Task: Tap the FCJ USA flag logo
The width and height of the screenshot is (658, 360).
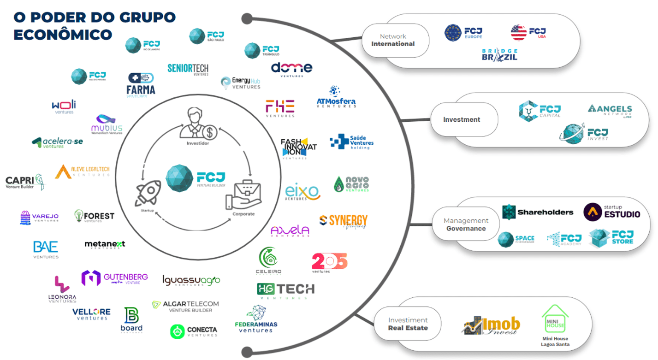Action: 528,32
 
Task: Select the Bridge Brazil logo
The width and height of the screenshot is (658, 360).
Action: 499,55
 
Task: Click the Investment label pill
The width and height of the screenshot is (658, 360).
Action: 462,119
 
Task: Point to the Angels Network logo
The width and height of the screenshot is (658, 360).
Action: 610,110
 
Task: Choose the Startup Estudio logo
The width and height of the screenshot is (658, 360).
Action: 611,212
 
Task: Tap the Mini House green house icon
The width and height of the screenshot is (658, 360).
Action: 555,319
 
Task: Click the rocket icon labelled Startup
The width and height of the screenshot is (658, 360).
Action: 148,193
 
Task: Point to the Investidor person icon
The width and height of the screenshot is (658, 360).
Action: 198,124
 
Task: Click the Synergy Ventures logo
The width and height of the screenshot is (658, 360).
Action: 344,221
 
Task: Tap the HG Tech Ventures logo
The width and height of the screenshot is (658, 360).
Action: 285,291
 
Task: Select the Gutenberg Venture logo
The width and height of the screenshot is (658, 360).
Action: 115,278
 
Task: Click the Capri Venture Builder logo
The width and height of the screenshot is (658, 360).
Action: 25,182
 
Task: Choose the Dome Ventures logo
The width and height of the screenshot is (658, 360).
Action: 291,69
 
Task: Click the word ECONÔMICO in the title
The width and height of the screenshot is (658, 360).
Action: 63,35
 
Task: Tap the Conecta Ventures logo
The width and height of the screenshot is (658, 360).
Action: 194,331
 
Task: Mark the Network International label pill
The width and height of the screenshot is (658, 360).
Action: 393,40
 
